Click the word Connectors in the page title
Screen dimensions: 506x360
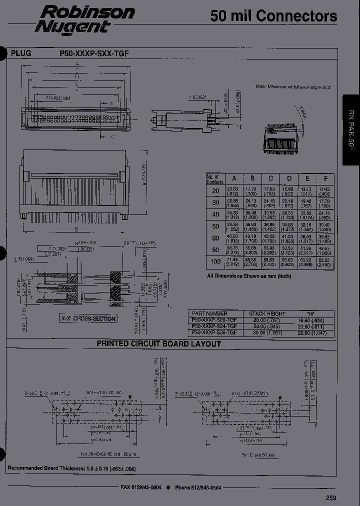coord(296,16)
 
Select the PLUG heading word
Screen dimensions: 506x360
coord(21,52)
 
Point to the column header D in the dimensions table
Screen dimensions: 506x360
coord(288,178)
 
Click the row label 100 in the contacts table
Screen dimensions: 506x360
coord(215,261)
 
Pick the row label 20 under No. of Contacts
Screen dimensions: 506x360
coord(215,190)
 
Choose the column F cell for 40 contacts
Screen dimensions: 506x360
coord(325,214)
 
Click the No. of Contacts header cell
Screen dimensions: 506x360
coord(215,178)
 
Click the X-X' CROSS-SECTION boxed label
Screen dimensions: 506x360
coord(88,318)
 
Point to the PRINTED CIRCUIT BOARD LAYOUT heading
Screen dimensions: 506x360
coord(158,343)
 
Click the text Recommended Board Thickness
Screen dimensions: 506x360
coord(42,468)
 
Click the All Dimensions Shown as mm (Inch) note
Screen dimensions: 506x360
coord(248,276)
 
